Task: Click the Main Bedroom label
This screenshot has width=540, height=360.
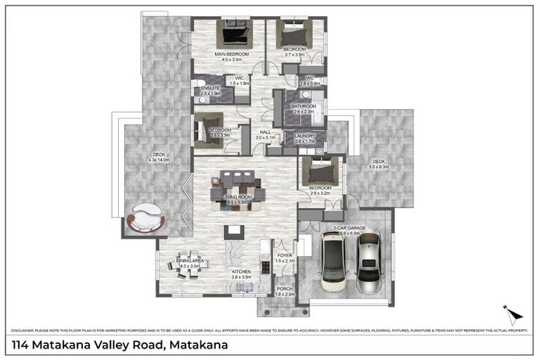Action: tap(232, 54)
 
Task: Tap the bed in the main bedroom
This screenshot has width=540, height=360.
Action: tap(233, 34)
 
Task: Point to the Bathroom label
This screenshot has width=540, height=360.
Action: tap(306, 106)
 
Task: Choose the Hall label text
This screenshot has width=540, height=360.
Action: tap(266, 131)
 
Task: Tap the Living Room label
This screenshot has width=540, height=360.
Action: tap(238, 198)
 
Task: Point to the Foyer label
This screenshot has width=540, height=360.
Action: tap(285, 256)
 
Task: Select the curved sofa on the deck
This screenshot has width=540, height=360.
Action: tap(146, 218)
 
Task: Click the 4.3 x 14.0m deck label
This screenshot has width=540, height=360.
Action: tap(159, 157)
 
